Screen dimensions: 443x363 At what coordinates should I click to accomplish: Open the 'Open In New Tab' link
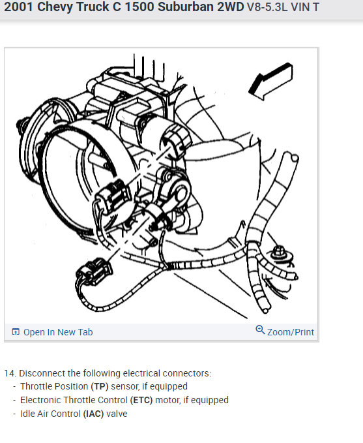tap(58, 332)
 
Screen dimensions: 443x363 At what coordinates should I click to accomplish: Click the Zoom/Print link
tap(291, 331)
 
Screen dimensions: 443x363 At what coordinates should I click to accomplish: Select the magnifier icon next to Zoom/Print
tap(261, 330)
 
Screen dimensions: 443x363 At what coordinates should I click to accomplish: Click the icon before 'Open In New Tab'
tap(16, 332)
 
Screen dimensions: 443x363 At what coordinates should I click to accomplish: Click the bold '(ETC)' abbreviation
tap(143, 400)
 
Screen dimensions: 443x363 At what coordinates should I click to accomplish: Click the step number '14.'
tap(10, 373)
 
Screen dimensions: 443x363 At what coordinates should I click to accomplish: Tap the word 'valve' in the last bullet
tap(117, 414)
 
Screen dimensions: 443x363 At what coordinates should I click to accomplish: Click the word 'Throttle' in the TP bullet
tap(36, 387)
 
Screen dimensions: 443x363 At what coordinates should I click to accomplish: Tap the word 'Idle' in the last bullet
tap(28, 414)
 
